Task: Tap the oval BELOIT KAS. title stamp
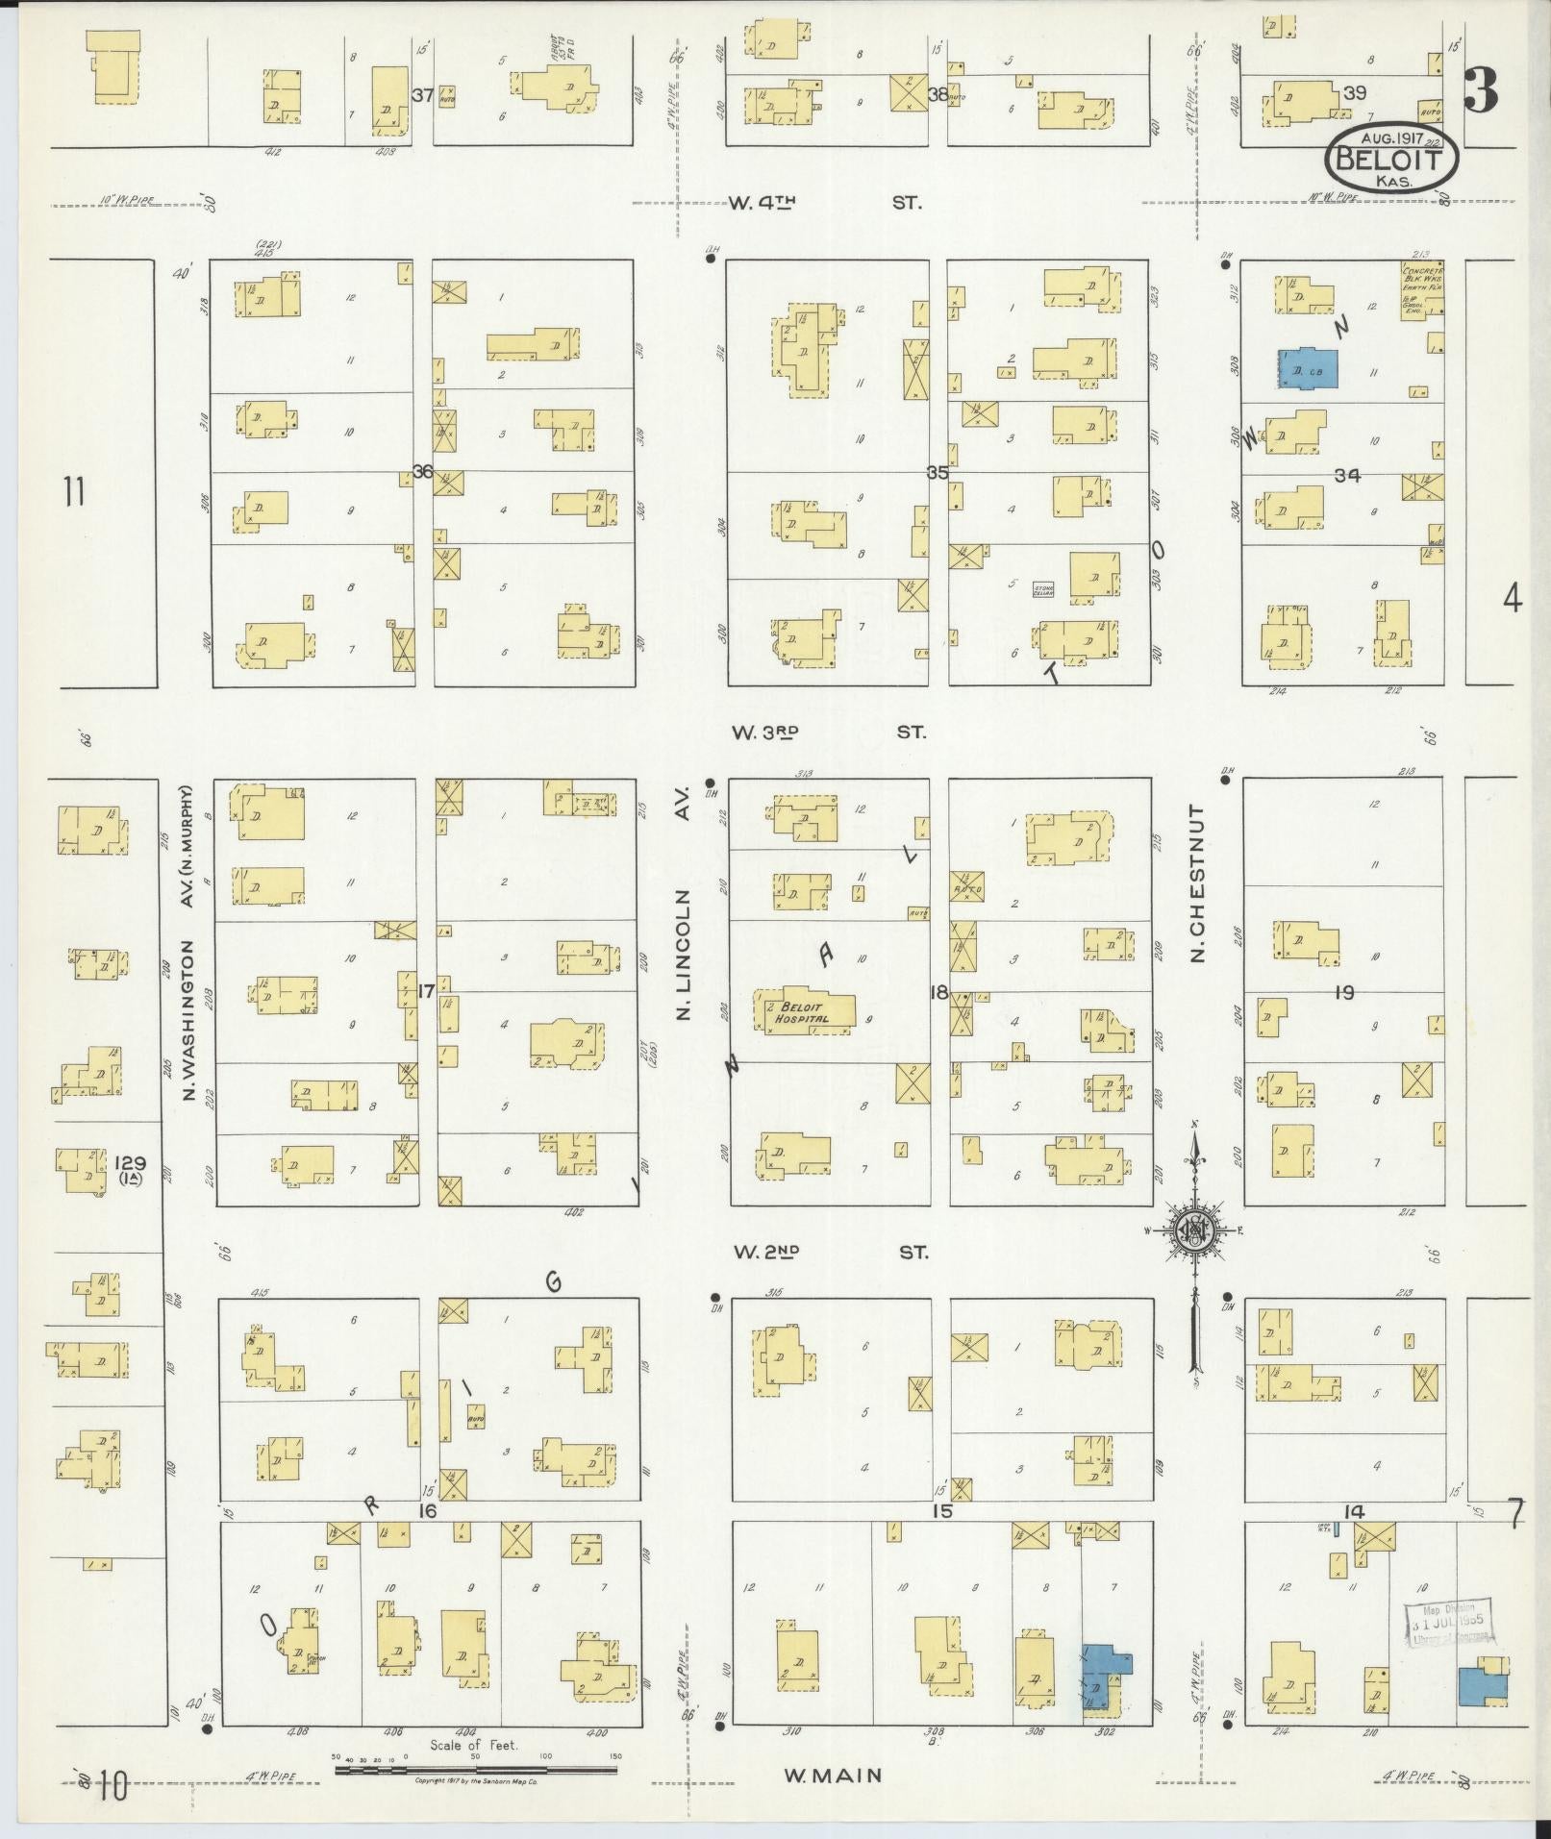[1392, 160]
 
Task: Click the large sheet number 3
[1481, 91]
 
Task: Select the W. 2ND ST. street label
[830, 1252]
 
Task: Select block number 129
[129, 1162]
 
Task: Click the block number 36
[423, 471]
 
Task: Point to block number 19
[1343, 993]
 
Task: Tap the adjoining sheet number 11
[74, 492]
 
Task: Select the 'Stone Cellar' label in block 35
[1043, 590]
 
